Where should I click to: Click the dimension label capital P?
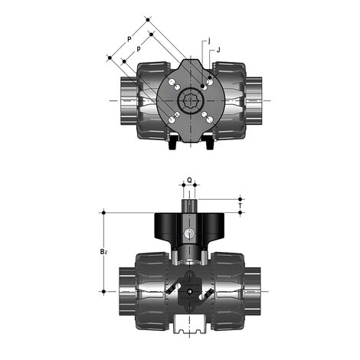pyautogui.click(x=129, y=39)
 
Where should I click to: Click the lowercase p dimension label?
pyautogui.click(x=139, y=48)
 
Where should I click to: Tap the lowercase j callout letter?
pyautogui.click(x=209, y=41)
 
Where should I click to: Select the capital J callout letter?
pyautogui.click(x=218, y=50)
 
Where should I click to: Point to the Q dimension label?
pyautogui.click(x=189, y=180)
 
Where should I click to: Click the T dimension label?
pyautogui.click(x=240, y=205)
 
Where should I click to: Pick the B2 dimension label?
pyautogui.click(x=103, y=251)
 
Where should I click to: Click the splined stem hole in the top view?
pyautogui.click(x=190, y=101)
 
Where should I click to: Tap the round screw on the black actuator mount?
pyautogui.click(x=189, y=233)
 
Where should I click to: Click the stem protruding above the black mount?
pyautogui.click(x=189, y=206)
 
